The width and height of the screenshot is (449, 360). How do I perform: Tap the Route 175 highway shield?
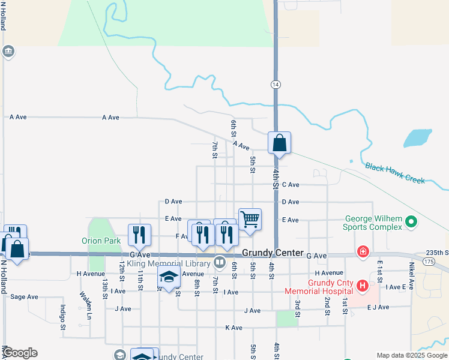pos(428,262)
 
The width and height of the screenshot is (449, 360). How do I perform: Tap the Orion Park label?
pos(101,241)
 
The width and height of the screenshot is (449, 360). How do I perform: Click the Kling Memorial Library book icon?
pos(220,262)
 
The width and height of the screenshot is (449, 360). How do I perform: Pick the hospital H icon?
pos(362,285)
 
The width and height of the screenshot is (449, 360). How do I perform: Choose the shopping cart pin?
pos(250,220)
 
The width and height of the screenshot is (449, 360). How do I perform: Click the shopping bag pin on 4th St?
pos(279,143)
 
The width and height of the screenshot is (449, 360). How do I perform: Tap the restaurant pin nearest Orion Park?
pos(139,235)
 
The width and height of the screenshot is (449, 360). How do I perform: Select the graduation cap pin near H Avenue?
pos(169,277)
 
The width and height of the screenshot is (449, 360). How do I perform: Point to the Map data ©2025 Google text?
pos(411,355)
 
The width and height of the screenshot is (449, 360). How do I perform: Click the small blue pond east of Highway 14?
pos(417,139)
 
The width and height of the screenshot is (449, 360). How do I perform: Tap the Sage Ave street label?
pos(24,297)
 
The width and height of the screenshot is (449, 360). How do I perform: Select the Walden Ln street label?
pos(86,305)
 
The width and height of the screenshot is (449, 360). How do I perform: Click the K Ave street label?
pos(234,328)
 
